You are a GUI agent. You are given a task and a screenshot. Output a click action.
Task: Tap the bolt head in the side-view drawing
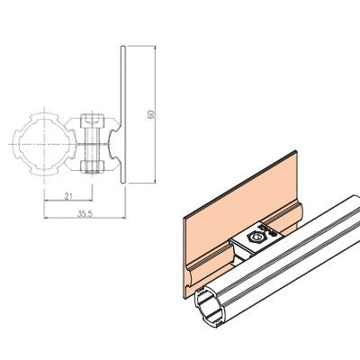click(93, 120)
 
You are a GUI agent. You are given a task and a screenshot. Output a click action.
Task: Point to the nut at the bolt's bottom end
click(93, 165)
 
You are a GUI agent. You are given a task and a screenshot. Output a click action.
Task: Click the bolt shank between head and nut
click(93, 142)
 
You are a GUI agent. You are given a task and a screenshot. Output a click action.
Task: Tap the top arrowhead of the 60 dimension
click(157, 46)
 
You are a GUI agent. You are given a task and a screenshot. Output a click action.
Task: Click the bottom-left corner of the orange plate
click(185, 294)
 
